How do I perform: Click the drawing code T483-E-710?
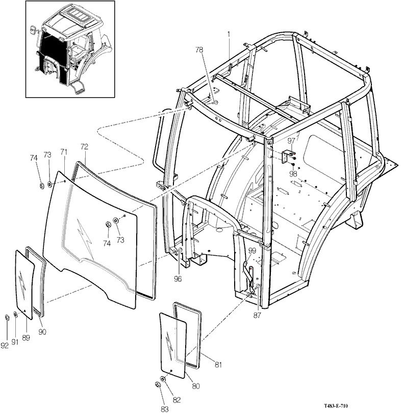coord(336,406)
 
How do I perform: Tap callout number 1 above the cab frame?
coord(229,34)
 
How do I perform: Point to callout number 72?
coord(84,147)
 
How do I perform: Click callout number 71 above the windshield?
coord(64,152)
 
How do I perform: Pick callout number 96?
coord(178,279)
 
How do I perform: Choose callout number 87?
coord(257,315)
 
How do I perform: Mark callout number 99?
coord(253,250)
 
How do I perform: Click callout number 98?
coord(293,174)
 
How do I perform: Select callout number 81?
coord(218,364)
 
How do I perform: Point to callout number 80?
coord(196,386)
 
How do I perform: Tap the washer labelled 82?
coord(163,379)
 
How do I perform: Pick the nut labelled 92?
coord(7,317)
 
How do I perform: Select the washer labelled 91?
coord(15,314)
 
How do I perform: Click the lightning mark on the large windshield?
coord(85,238)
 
